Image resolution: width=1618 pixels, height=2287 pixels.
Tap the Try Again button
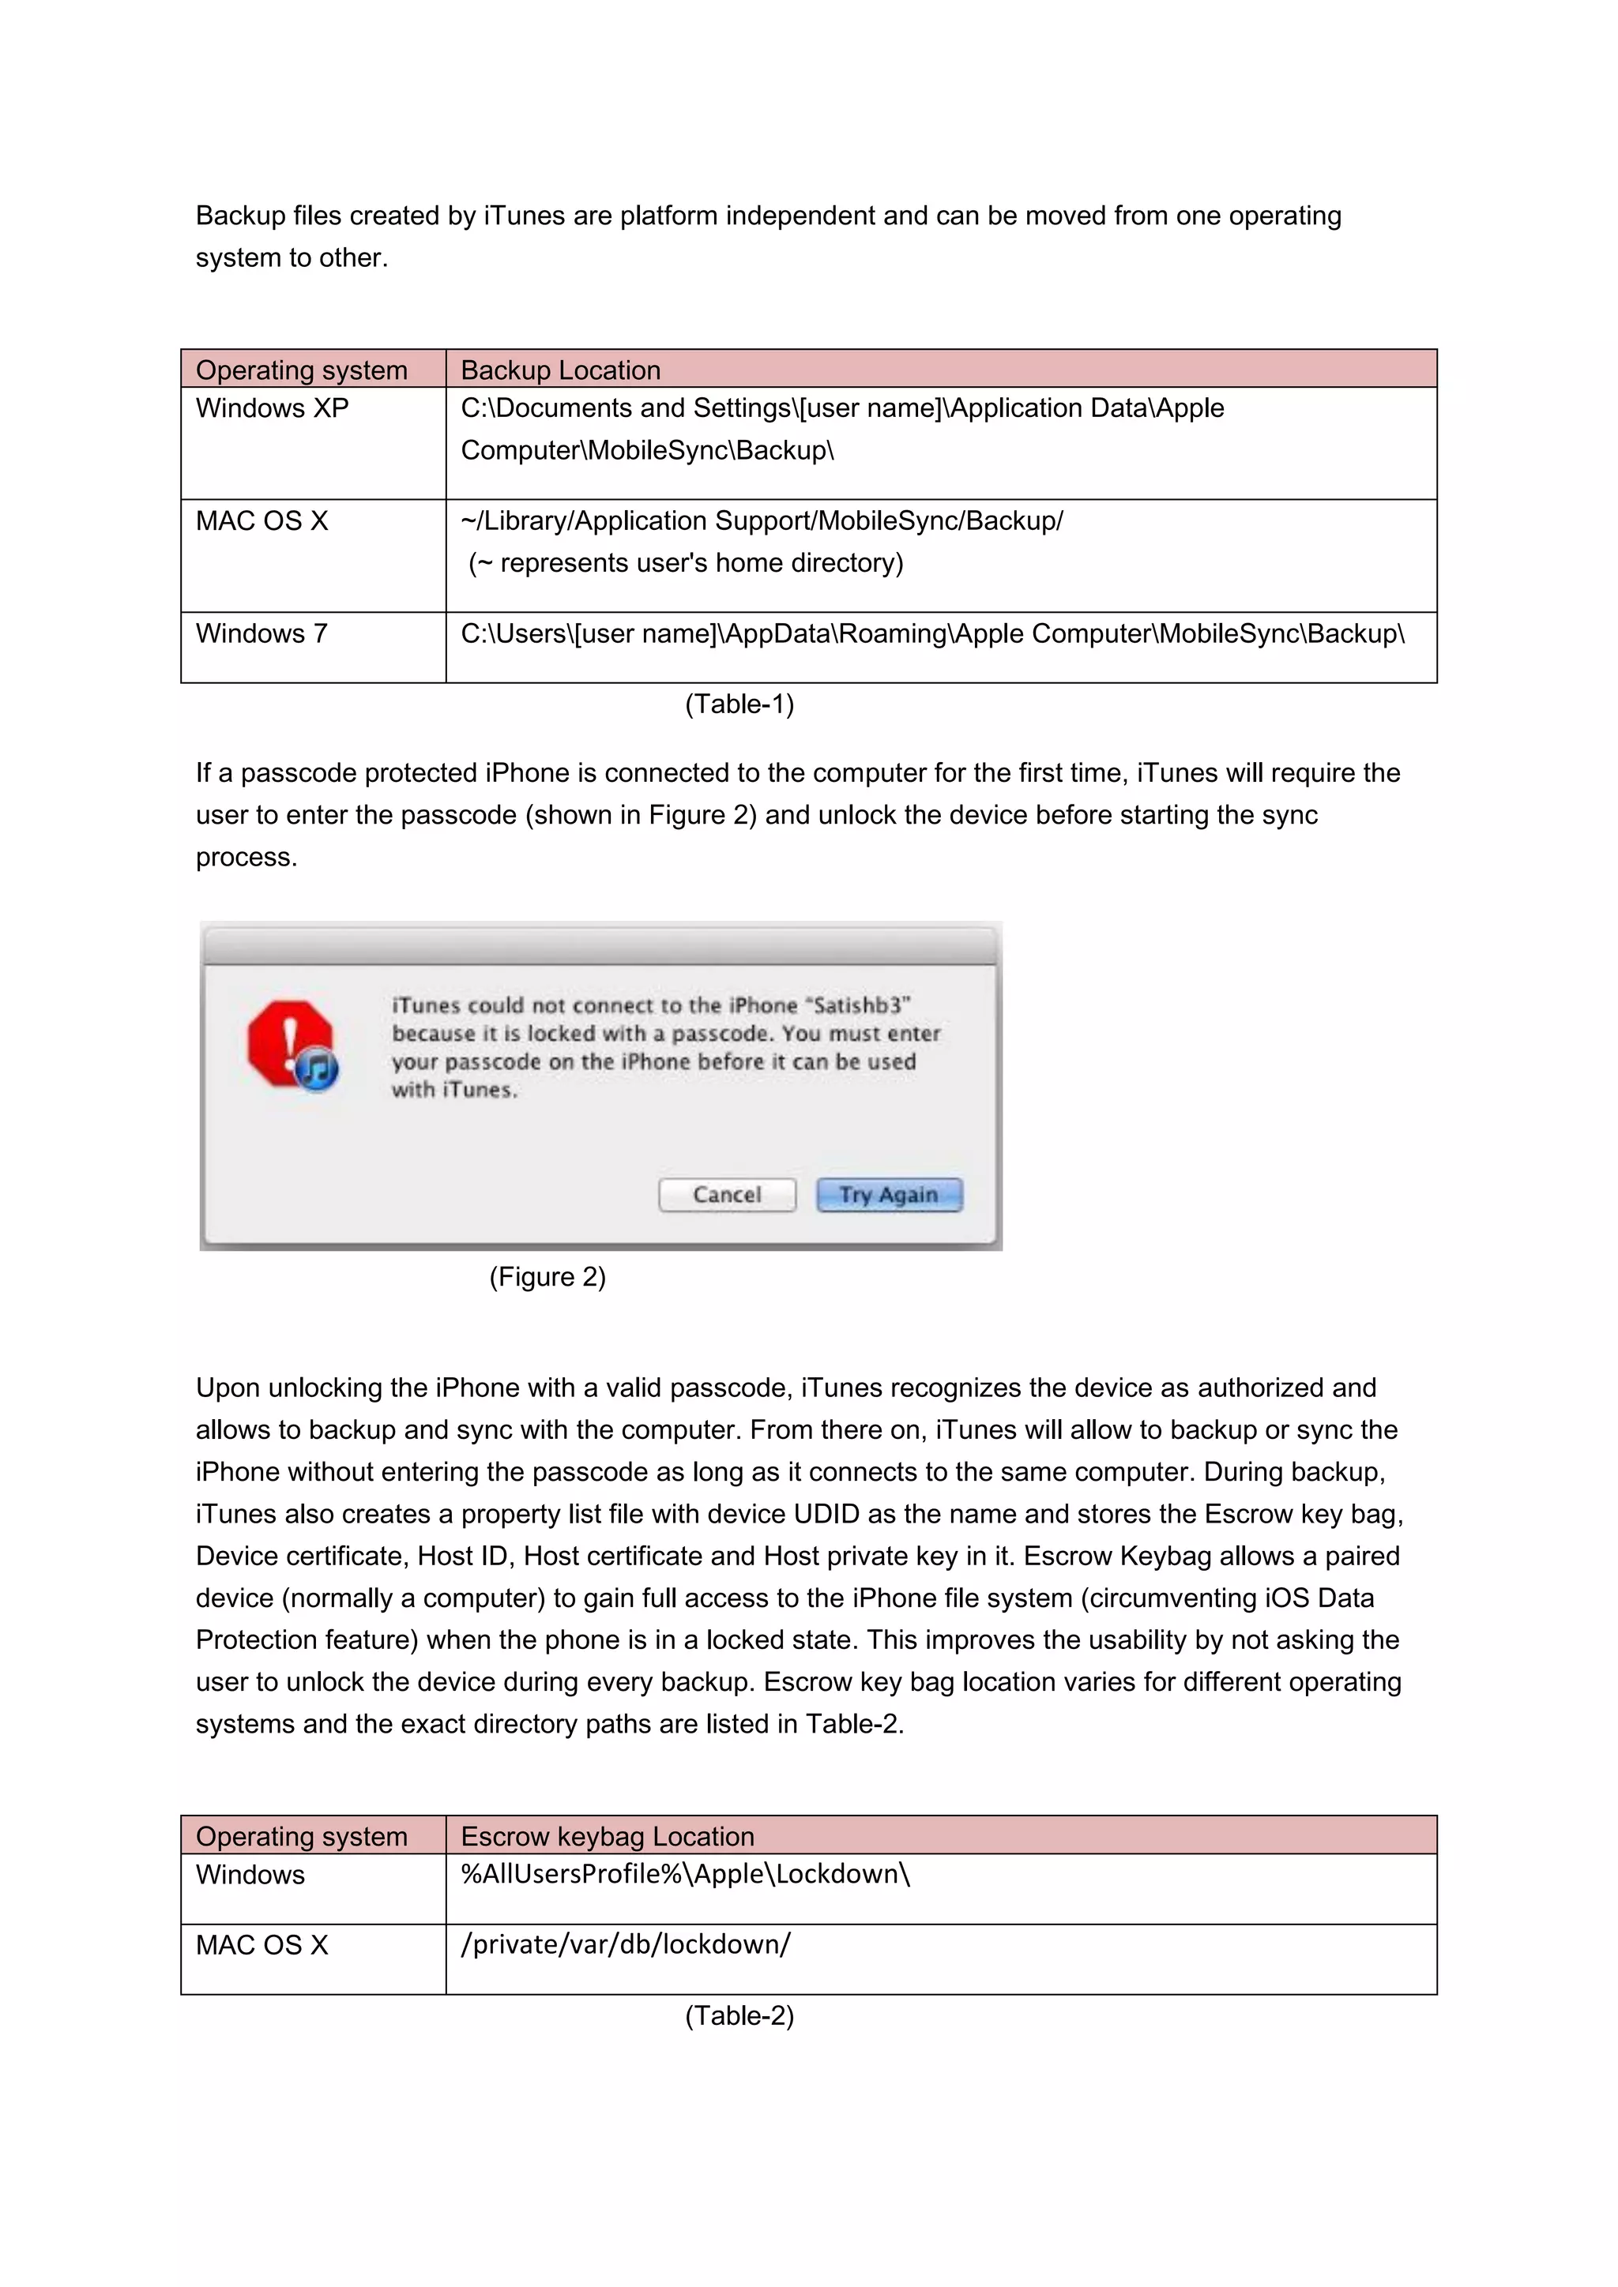(889, 1194)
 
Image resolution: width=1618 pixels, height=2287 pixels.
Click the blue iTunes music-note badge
(318, 1071)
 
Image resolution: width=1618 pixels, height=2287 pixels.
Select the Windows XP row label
(272, 408)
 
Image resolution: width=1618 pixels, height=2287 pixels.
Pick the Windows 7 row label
(261, 633)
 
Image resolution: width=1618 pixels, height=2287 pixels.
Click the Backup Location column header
(560, 370)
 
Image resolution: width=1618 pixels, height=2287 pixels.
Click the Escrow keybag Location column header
(607, 1836)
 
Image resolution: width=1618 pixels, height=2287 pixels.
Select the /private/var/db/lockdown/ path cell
(626, 1944)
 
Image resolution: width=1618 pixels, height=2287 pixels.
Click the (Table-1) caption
(739, 704)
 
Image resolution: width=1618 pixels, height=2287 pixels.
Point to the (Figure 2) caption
(547, 1277)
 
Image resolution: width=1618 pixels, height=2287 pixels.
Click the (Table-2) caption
(739, 2015)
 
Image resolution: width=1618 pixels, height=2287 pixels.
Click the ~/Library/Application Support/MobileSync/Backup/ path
(761, 521)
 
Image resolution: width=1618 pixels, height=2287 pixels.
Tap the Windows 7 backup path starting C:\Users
(931, 633)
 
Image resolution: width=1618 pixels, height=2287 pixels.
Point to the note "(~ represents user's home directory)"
(686, 564)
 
